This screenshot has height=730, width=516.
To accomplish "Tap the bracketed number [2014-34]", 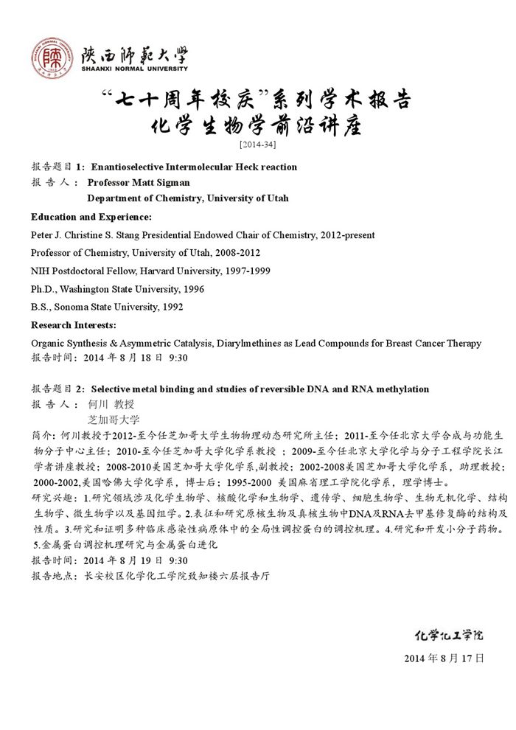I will (x=258, y=144).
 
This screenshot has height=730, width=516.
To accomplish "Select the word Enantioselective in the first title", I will (x=128, y=167).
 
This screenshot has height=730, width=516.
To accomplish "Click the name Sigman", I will (x=173, y=182).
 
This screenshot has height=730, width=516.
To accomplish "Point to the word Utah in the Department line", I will (x=278, y=198).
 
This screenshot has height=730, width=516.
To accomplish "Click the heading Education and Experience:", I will (x=91, y=217).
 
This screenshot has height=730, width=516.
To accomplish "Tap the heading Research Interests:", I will (x=73, y=325).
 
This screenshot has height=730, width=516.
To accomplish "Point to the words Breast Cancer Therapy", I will (x=433, y=343).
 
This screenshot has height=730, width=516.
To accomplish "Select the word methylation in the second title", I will (x=402, y=389).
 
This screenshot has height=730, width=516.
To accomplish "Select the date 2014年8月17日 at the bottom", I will (x=444, y=658).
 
